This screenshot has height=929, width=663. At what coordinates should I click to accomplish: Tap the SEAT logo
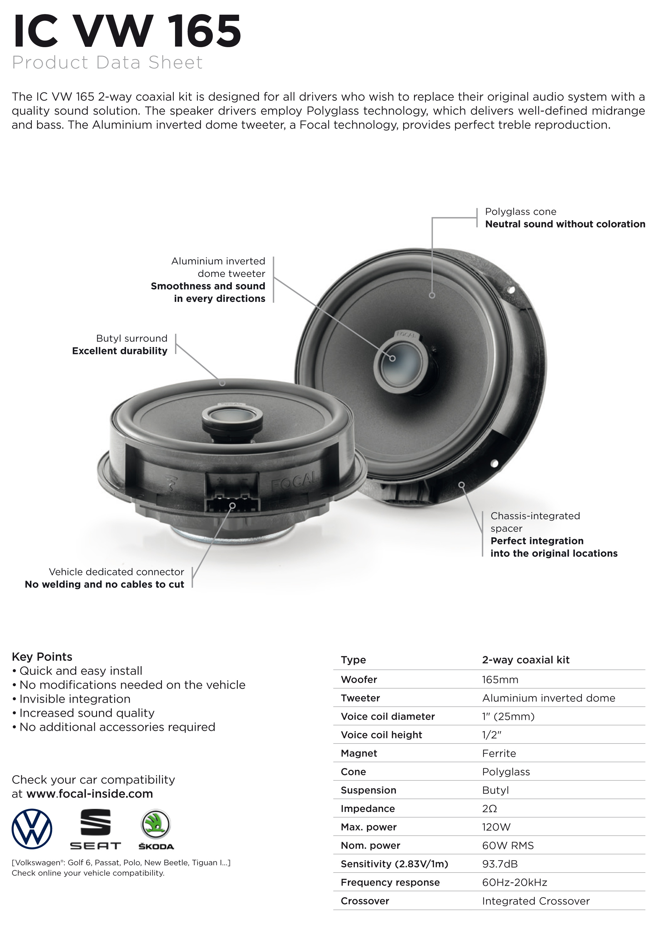[95, 829]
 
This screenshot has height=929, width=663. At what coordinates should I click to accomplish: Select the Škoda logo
[156, 829]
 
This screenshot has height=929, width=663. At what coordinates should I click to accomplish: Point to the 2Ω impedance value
[490, 809]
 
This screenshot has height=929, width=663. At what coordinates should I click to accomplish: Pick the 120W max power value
[496, 827]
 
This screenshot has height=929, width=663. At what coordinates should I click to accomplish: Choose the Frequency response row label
[390, 882]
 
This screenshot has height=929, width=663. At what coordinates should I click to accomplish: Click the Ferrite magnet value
[499, 754]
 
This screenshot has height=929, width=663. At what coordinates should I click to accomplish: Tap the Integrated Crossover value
[536, 901]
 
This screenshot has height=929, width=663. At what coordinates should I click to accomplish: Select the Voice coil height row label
[381, 735]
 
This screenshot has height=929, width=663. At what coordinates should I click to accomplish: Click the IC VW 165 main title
[127, 32]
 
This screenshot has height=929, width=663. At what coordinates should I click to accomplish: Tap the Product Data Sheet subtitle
[107, 62]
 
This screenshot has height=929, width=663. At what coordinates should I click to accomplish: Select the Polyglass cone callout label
[520, 212]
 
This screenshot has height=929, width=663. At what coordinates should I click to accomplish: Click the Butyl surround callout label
[131, 338]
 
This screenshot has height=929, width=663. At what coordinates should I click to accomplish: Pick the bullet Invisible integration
[71, 699]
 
